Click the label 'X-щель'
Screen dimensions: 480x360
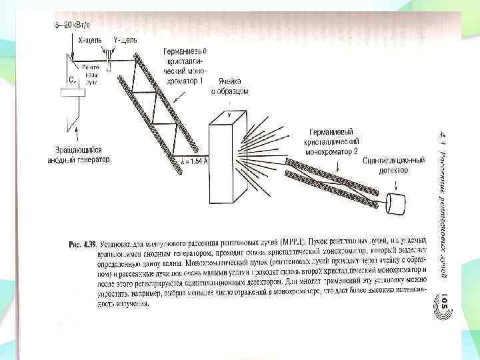pos(90,41)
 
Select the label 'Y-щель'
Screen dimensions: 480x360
pos(125,41)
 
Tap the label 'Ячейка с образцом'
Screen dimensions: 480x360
pos(230,84)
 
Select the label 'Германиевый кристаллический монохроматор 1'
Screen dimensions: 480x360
pos(185,66)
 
